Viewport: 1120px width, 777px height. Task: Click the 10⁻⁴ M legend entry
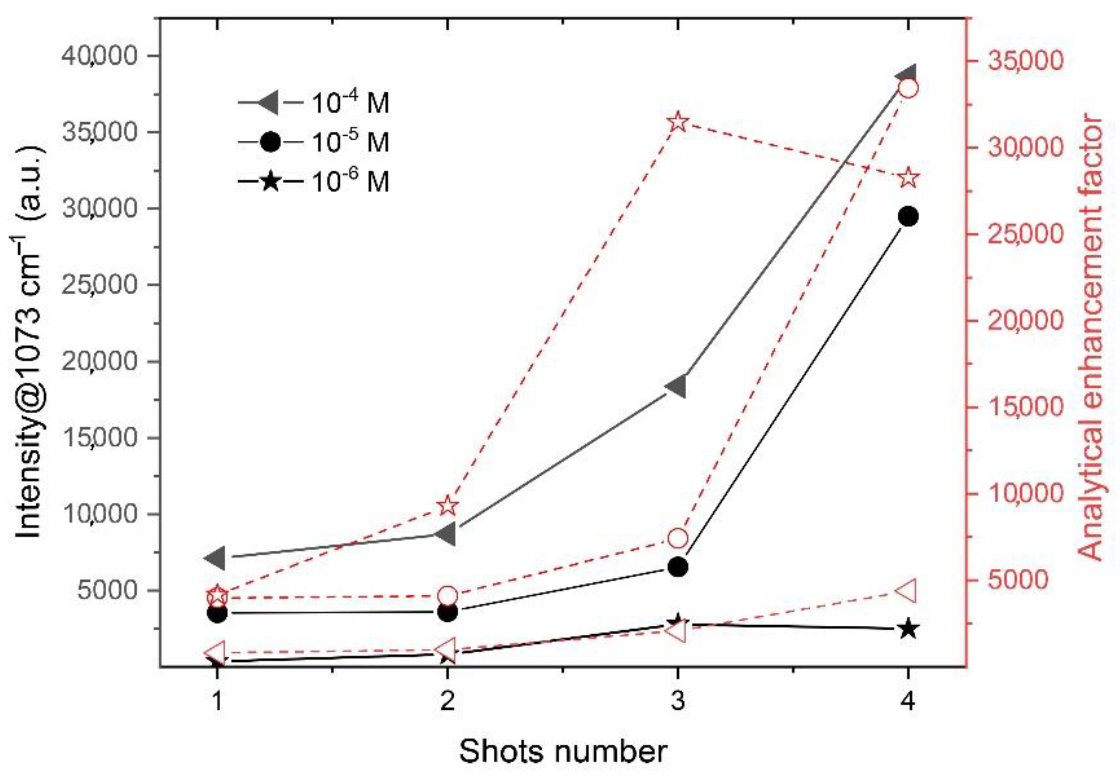coord(314,103)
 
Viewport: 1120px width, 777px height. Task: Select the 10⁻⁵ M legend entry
coord(314,142)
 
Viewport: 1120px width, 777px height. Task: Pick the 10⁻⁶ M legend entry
coord(314,182)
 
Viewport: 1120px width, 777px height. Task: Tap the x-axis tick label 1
coord(217,702)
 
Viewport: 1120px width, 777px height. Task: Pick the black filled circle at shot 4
coord(908,217)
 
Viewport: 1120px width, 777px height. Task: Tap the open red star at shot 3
coord(677,123)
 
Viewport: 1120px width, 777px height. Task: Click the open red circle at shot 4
coord(908,89)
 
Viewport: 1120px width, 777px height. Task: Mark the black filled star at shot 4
coord(908,629)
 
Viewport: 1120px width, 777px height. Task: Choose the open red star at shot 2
coord(448,506)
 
